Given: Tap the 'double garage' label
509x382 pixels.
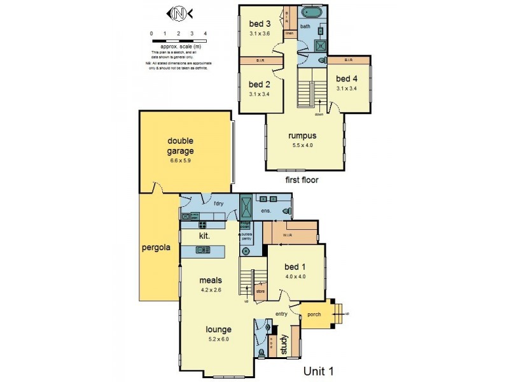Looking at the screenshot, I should click(181, 146).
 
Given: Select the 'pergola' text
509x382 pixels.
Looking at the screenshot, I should click(156, 248).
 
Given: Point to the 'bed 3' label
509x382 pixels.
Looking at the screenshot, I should click(260, 24).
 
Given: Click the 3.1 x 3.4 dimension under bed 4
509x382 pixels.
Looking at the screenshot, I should click(347, 88).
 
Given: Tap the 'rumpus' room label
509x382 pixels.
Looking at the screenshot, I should click(302, 135).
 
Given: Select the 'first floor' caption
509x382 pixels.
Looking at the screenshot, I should click(302, 180).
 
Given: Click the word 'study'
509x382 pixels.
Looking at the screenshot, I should click(284, 345).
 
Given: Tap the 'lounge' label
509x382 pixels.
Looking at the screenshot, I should click(219, 329).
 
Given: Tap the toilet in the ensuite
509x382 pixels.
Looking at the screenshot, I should click(289, 211).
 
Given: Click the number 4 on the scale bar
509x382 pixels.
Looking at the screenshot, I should click(205, 33).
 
